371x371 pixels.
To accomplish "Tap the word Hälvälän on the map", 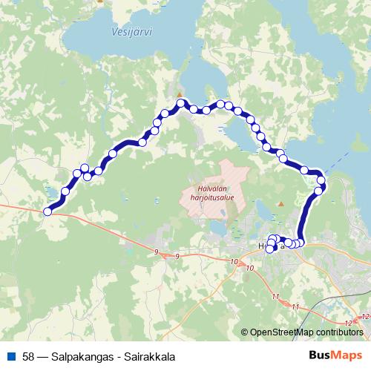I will (215, 189).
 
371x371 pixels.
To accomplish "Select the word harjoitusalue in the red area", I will (215, 198).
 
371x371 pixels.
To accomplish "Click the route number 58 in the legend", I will (28, 356).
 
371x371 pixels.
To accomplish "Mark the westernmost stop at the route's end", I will (47, 211).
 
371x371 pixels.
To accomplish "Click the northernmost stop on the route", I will (180, 102).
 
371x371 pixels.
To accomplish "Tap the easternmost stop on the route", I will (321, 180).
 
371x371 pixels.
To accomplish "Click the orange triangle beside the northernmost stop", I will (178, 93).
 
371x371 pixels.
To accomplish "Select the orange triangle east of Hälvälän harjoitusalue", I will (280, 203).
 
